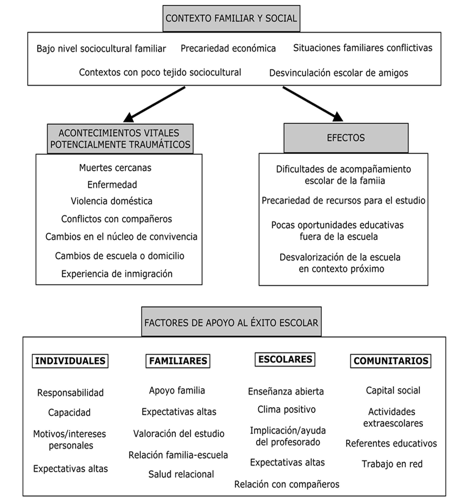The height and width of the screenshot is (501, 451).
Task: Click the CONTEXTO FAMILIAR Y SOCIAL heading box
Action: [231, 19]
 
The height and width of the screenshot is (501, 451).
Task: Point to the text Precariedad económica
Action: [228, 49]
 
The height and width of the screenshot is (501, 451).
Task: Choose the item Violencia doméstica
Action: [112, 201]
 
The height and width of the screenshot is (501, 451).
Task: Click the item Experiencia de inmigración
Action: [117, 274]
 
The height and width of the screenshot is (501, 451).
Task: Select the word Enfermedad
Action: [112, 184]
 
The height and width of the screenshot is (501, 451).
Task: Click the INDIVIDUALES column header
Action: [71, 361]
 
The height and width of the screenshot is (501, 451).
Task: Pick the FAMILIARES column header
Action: [178, 361]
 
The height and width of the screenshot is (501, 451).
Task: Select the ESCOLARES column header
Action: [285, 359]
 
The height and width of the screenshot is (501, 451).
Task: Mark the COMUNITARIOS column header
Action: [391, 361]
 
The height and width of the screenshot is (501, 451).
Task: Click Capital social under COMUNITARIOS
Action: [393, 390]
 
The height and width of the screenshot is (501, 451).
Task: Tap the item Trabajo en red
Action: [392, 464]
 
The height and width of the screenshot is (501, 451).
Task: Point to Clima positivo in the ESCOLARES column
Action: [286, 410]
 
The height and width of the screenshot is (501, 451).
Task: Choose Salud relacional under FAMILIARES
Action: [181, 474]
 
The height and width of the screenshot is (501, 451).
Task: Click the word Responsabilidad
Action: [71, 393]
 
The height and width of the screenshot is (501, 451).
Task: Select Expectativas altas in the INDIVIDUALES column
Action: [71, 469]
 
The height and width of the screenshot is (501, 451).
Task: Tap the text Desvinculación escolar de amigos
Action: [338, 73]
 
